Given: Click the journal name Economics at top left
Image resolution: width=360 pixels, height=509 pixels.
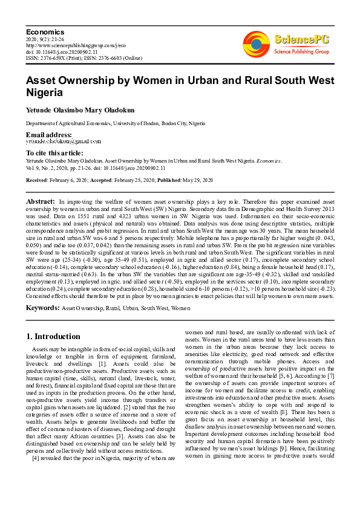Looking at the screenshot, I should (x=45, y=31).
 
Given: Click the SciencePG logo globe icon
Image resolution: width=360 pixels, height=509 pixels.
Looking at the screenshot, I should (x=256, y=44).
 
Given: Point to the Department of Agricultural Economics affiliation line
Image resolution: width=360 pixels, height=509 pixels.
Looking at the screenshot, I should (x=115, y=123).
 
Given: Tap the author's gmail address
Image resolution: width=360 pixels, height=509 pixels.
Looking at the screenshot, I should (x=63, y=141).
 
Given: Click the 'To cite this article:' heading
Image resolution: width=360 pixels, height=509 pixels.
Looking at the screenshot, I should (x=54, y=154).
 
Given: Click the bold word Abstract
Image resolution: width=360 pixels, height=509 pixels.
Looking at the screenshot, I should (x=41, y=200).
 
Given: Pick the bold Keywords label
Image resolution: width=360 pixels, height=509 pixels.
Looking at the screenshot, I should (x=42, y=308).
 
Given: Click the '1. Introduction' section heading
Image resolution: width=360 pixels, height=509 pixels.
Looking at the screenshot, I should (x=54, y=336).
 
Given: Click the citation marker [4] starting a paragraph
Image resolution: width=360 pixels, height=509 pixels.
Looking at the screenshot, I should (x=35, y=458).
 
